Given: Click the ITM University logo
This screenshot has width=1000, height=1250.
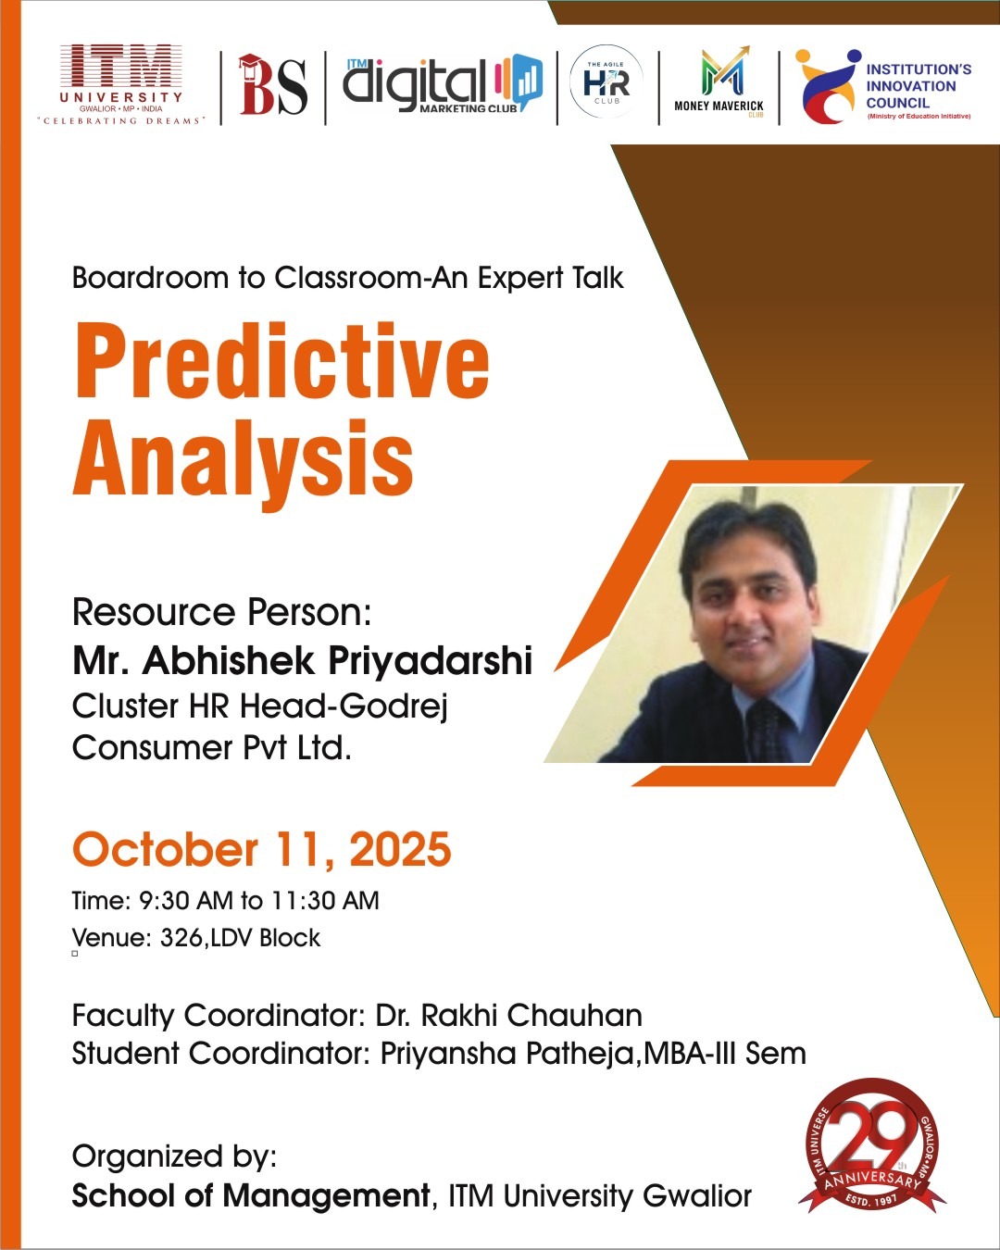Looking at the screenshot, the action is [121, 85].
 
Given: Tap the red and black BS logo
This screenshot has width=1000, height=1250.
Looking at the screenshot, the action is [272, 85].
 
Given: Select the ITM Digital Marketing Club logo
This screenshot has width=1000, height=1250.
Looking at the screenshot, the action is [443, 83].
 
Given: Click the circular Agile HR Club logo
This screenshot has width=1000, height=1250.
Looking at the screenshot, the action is [606, 81].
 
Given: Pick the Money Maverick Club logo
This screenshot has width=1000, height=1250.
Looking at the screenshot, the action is [719, 81].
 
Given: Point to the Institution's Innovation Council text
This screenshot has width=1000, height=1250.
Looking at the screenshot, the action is [919, 86].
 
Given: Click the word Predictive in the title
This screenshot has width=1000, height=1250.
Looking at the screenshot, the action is [281, 363].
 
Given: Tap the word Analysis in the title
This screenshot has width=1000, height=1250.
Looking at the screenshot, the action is [243, 462].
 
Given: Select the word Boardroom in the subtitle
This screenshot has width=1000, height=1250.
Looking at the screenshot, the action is [151, 278].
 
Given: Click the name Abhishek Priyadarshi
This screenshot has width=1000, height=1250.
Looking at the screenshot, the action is [337, 661].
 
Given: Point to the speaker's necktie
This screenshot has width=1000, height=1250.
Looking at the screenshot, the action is [765, 730].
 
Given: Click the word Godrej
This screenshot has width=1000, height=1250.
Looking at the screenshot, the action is [393, 707].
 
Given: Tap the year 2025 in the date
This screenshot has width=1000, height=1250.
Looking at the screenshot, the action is [400, 849].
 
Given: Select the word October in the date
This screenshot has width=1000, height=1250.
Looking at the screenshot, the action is [165, 849].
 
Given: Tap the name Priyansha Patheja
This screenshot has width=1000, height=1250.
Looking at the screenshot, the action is [506, 1054].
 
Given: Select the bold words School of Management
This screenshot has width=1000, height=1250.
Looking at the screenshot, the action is [250, 1196].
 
